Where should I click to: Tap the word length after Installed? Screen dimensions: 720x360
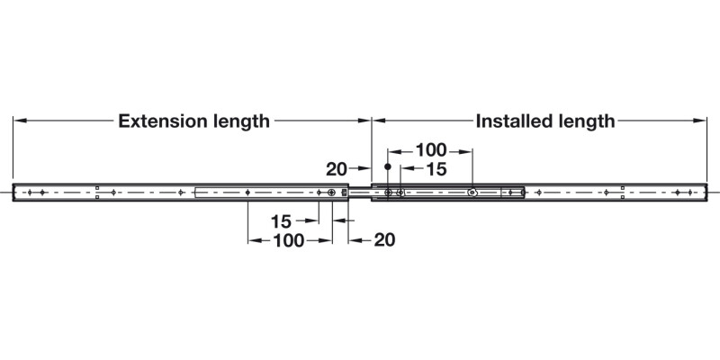point(587,121)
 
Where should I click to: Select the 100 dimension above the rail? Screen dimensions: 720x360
point(431,150)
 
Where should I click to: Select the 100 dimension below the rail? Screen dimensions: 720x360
point(289,240)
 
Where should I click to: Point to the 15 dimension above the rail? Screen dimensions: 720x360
point(436,169)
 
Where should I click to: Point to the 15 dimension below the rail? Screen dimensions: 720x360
point(281,221)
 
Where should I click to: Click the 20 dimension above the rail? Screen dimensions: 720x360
point(337,169)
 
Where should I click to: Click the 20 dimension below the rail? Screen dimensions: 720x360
point(384,239)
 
